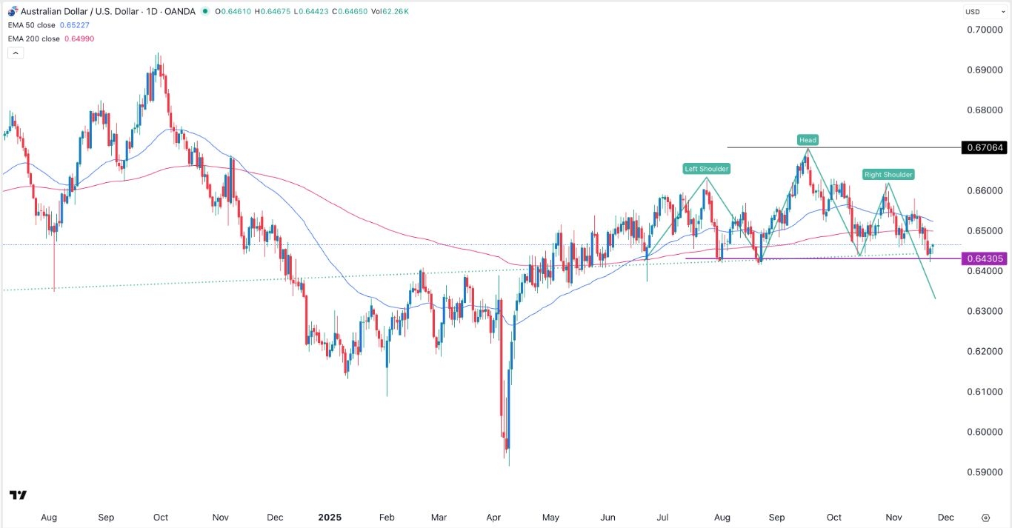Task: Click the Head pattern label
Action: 808,140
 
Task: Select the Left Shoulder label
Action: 706,169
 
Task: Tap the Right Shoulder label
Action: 888,175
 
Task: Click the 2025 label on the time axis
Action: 330,518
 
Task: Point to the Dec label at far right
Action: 945,518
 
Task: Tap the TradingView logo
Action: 18,495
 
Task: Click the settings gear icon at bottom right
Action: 985,518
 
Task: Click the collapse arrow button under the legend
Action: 15,53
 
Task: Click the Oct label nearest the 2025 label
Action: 161,518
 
